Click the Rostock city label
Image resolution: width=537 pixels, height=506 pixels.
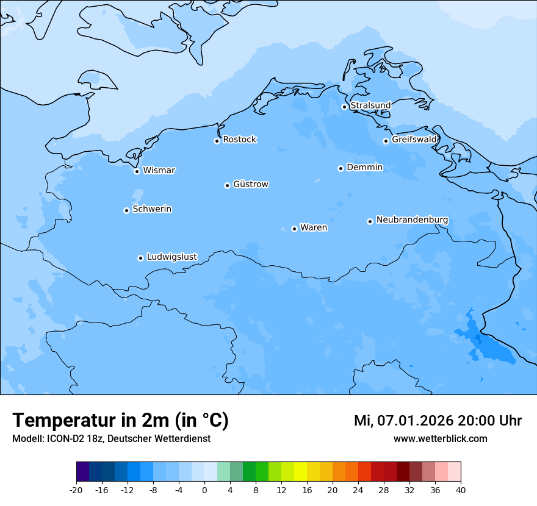point(239,140)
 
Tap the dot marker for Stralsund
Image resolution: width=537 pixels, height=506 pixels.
point(344,107)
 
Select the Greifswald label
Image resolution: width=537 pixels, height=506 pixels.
point(414,140)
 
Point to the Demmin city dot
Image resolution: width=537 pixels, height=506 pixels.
point(341,168)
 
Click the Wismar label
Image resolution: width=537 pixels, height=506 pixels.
point(159,170)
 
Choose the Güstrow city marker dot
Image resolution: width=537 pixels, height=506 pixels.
point(227,185)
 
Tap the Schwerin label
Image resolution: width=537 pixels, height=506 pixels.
point(152,209)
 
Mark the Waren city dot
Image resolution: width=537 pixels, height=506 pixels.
point(294,229)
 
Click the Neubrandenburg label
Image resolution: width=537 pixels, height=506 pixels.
point(412,219)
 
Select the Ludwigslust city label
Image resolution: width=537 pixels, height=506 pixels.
point(171,257)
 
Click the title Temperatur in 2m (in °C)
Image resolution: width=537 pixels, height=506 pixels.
point(120,420)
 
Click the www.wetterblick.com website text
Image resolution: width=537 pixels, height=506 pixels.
point(440,438)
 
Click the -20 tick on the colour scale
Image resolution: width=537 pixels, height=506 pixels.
point(76,490)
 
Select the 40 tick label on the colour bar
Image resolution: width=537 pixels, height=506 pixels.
point(461,490)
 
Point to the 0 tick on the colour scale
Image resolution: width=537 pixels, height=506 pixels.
point(204,490)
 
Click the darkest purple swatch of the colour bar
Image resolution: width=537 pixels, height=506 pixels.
point(82,472)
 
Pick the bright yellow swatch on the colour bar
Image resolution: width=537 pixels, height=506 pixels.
point(300,472)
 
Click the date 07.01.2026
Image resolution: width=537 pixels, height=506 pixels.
point(414,421)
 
